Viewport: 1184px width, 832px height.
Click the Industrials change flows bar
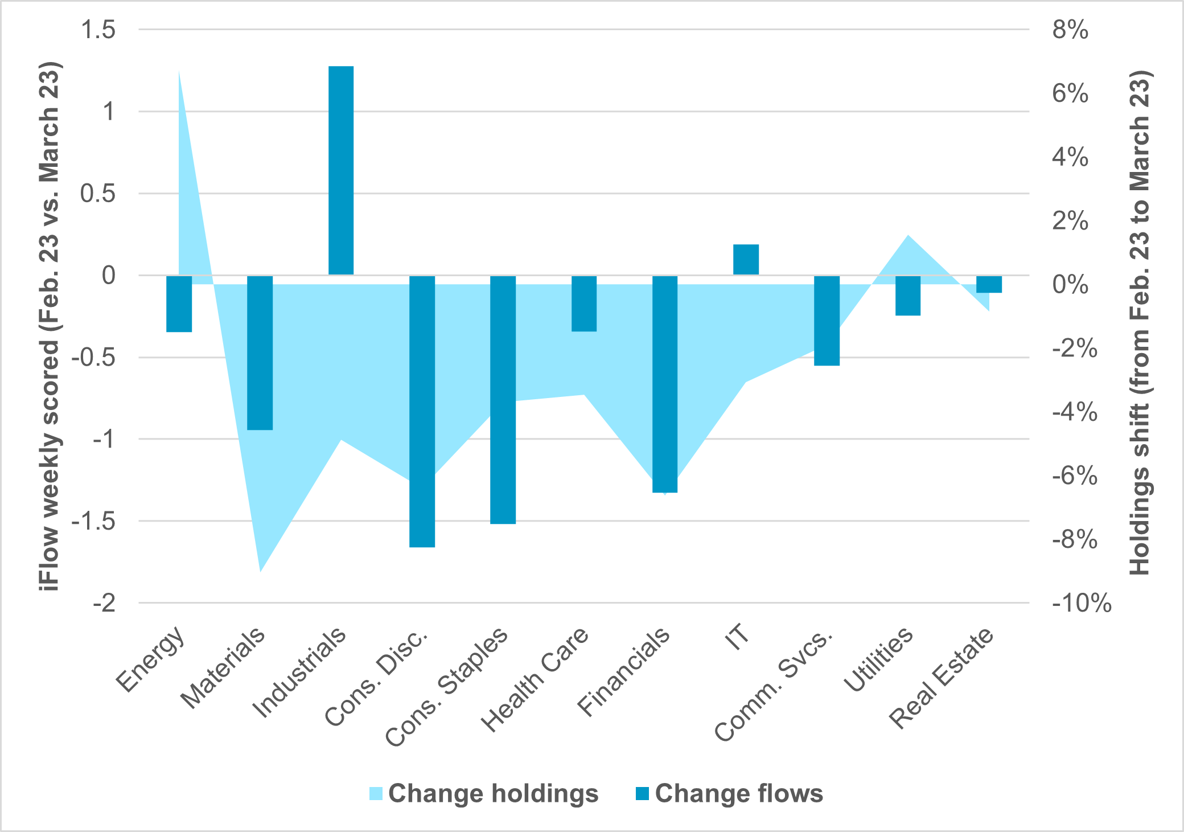pyautogui.click(x=341, y=171)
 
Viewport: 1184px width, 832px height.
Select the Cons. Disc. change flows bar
pyautogui.click(x=422, y=411)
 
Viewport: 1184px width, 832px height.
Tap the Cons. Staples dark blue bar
pyautogui.click(x=503, y=400)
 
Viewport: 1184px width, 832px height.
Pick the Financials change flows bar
pyautogui.click(x=665, y=384)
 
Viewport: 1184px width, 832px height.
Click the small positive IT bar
pyautogui.click(x=746, y=260)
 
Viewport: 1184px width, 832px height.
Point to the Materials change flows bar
pyautogui.click(x=260, y=353)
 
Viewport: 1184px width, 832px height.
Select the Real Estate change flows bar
pyautogui.click(x=989, y=284)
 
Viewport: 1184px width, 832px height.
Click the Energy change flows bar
pyautogui.click(x=179, y=304)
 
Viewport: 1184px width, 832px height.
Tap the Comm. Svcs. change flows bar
pyautogui.click(x=827, y=321)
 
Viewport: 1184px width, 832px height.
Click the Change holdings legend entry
pyautogui.click(x=484, y=793)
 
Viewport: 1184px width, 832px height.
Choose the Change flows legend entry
pyautogui.click(x=730, y=793)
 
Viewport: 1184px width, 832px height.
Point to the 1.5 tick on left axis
pyautogui.click(x=98, y=30)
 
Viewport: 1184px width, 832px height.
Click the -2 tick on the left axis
pyautogui.click(x=105, y=603)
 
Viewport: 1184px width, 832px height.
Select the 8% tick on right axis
pyautogui.click(x=1070, y=30)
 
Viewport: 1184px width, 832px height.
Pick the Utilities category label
pyautogui.click(x=879, y=661)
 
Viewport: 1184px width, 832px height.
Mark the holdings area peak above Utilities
pyautogui.click(x=908, y=236)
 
